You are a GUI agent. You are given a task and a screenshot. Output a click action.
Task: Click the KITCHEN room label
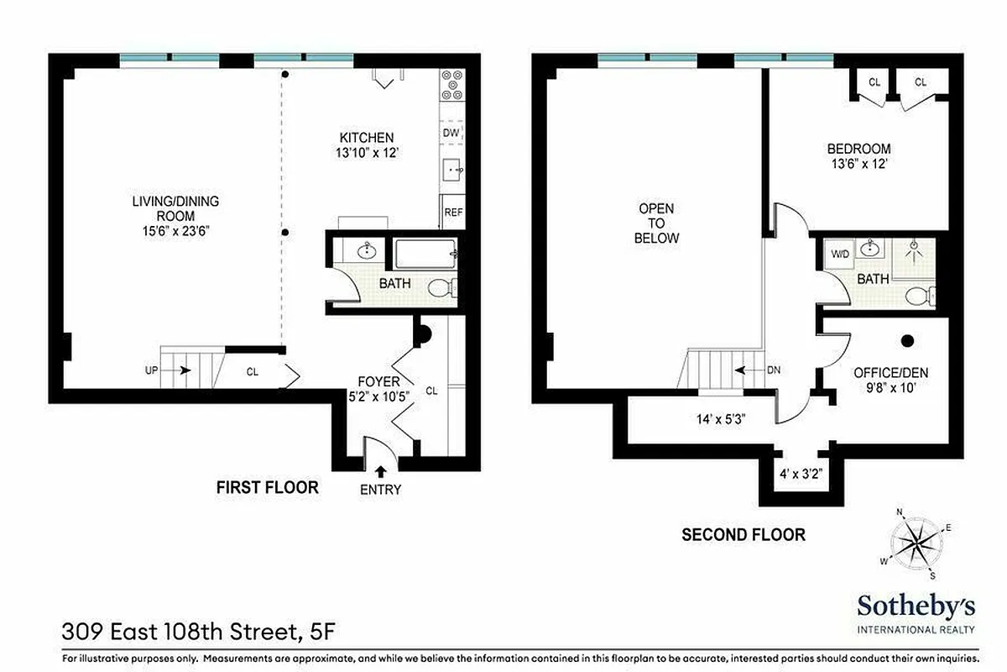[366, 138]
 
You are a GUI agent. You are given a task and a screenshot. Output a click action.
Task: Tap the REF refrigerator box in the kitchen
[453, 213]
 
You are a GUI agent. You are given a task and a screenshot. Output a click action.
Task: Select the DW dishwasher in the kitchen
[451, 133]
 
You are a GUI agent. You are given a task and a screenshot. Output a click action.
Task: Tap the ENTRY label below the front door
[380, 490]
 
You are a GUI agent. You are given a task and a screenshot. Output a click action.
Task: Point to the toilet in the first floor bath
[441, 288]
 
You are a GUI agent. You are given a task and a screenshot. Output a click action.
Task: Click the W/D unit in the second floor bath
[839, 253]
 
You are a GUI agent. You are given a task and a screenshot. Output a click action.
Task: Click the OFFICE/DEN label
[884, 373]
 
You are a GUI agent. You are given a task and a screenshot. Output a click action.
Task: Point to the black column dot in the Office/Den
[907, 340]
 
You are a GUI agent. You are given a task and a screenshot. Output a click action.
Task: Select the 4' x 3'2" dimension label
[799, 474]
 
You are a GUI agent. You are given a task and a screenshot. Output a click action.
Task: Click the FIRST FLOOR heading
[267, 487]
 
